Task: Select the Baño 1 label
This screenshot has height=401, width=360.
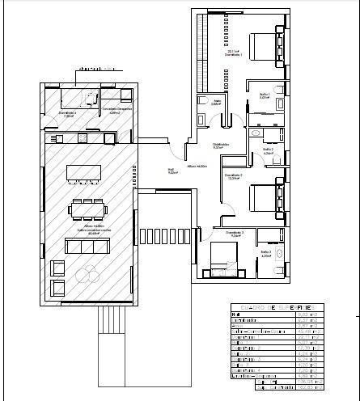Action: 264,95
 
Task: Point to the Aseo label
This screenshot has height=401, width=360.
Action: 215,103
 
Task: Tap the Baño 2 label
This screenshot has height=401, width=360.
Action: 268,150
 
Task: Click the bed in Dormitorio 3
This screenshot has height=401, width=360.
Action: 222,258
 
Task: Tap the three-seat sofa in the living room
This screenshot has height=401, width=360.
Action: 87,246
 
